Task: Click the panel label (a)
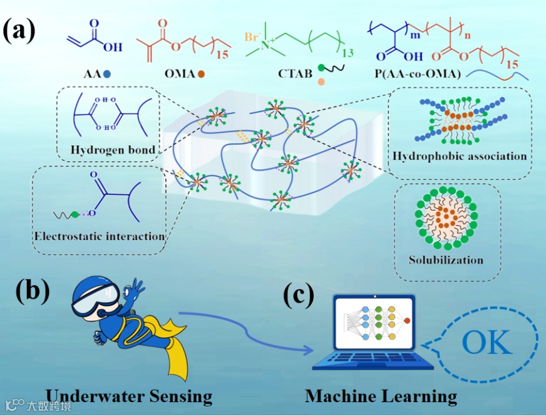pyautogui.click(x=19, y=30)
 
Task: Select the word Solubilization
pyautogui.click(x=446, y=259)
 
